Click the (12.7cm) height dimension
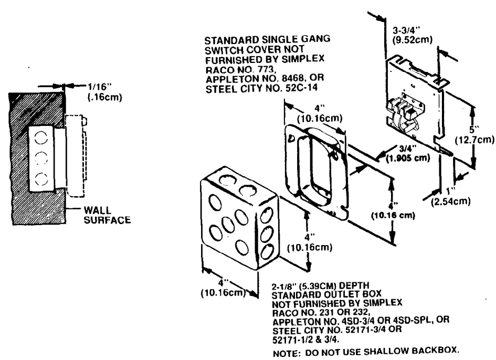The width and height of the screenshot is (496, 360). coord(474,139)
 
